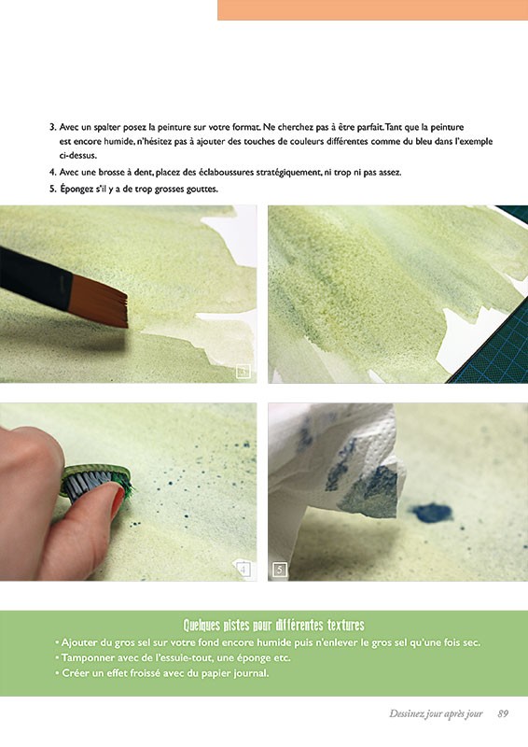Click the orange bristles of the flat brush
point(100,301)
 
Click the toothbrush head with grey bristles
point(95,485)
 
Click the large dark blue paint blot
point(432,513)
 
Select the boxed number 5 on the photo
point(280,570)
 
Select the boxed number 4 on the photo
point(243,570)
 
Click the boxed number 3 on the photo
point(243,371)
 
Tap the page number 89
point(503,713)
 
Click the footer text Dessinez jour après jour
point(436,713)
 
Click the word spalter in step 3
point(107,128)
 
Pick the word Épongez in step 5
point(76,190)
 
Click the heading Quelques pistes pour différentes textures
point(273,625)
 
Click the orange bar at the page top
point(373,10)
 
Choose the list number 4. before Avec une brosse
point(53,173)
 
